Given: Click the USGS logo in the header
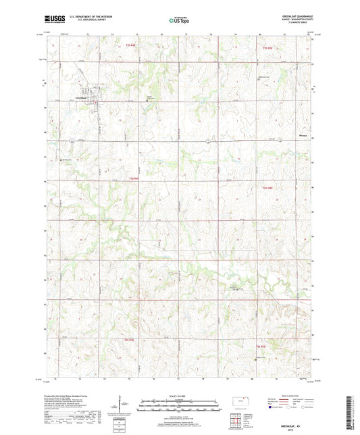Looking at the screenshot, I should tap(53, 20).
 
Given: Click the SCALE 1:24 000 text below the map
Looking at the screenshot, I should tap(180, 396).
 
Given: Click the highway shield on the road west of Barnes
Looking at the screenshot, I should tap(209, 140).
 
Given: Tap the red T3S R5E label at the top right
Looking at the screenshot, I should tap(267, 48).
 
